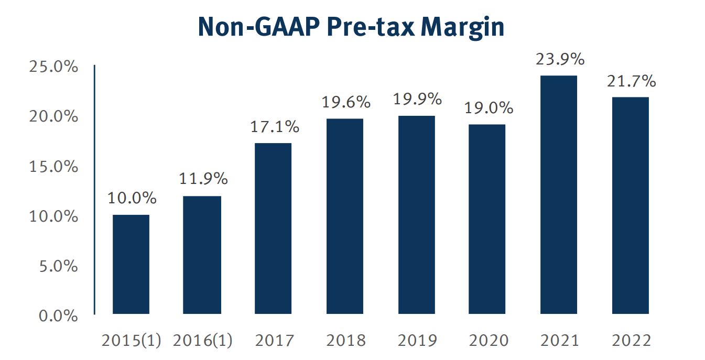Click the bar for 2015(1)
pyautogui.click(x=131, y=265)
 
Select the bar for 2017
pyautogui.click(x=273, y=228)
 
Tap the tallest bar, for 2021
pyautogui.click(x=559, y=195)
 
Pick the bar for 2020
pyautogui.click(x=487, y=219)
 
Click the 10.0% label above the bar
pyautogui.click(x=132, y=199)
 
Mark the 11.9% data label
pyautogui.click(x=203, y=179)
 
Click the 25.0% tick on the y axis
pyautogui.click(x=53, y=67)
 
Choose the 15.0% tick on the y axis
pyautogui.click(x=53, y=167)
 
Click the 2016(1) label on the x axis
pyautogui.click(x=202, y=341)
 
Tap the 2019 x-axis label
pyautogui.click(x=417, y=341)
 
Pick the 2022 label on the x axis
pyautogui.click(x=631, y=341)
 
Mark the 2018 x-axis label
pyautogui.click(x=345, y=341)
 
